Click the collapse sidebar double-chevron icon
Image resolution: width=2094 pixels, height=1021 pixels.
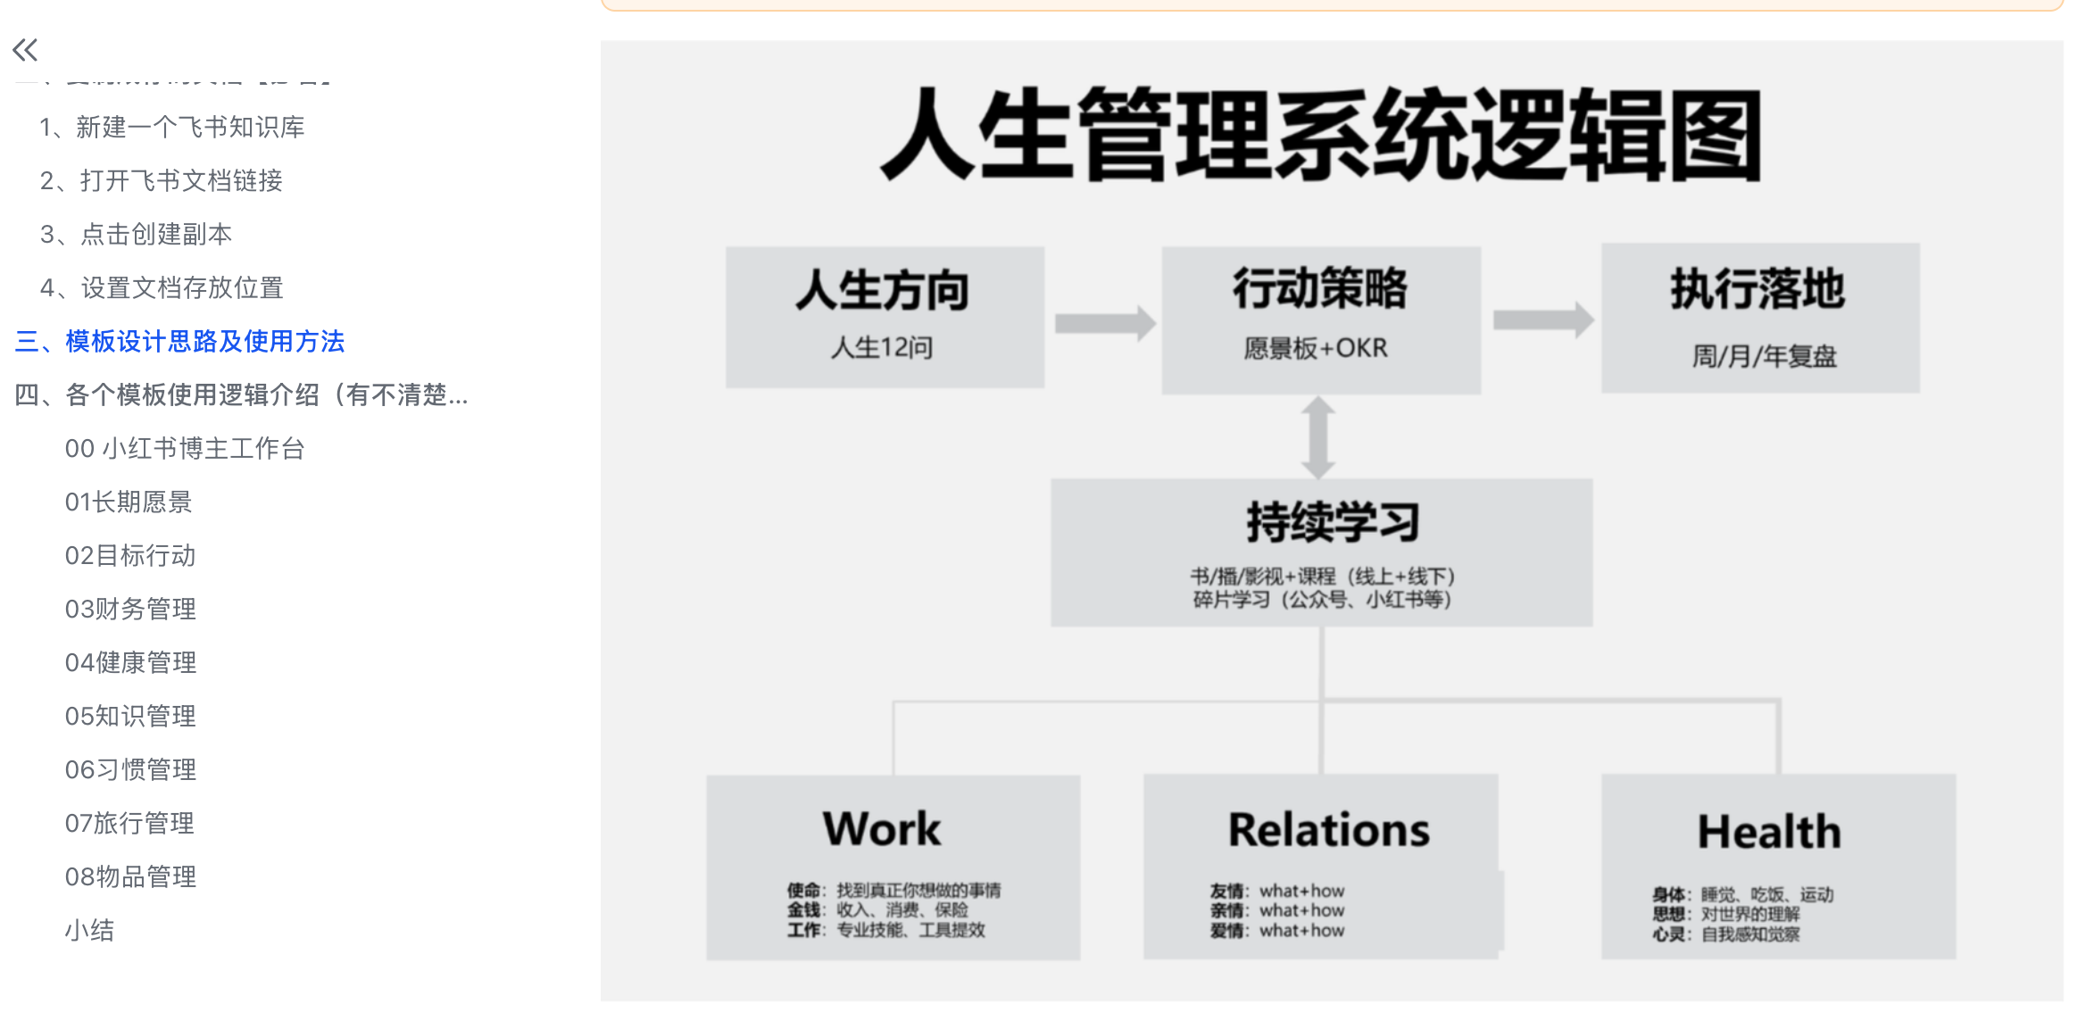tap(25, 50)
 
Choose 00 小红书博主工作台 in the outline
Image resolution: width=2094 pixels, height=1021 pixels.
tap(185, 449)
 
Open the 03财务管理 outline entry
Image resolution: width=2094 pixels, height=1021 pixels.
tap(130, 610)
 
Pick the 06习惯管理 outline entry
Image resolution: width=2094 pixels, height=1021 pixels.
tap(130, 770)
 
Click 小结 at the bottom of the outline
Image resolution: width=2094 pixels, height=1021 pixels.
tap(89, 931)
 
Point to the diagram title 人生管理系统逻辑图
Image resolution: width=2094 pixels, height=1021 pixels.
tap(1321, 136)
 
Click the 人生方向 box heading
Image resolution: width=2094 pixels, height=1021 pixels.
tap(883, 290)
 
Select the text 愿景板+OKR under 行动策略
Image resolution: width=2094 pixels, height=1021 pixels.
tap(1316, 348)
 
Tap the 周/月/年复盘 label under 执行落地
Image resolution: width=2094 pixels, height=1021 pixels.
tap(1764, 357)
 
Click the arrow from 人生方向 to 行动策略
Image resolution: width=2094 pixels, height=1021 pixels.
tap(1105, 323)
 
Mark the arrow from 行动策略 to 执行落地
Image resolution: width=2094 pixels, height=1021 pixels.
tap(1543, 320)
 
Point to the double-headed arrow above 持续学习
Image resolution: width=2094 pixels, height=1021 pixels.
tap(1318, 437)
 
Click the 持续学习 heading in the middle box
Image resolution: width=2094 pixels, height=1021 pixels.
tap(1333, 522)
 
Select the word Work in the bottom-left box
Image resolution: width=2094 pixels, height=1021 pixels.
tap(882, 829)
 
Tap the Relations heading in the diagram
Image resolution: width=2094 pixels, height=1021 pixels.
tap(1329, 830)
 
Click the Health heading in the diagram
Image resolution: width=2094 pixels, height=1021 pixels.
tap(1769, 832)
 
